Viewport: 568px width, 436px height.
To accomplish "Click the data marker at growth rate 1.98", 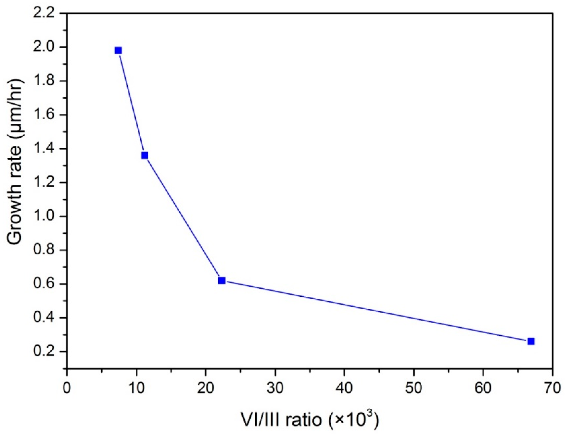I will click(118, 50).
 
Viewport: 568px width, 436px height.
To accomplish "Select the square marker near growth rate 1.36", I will click(144, 155).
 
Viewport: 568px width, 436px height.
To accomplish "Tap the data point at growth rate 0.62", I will click(221, 280).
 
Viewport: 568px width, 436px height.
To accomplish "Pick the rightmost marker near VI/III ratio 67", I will click(531, 341).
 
